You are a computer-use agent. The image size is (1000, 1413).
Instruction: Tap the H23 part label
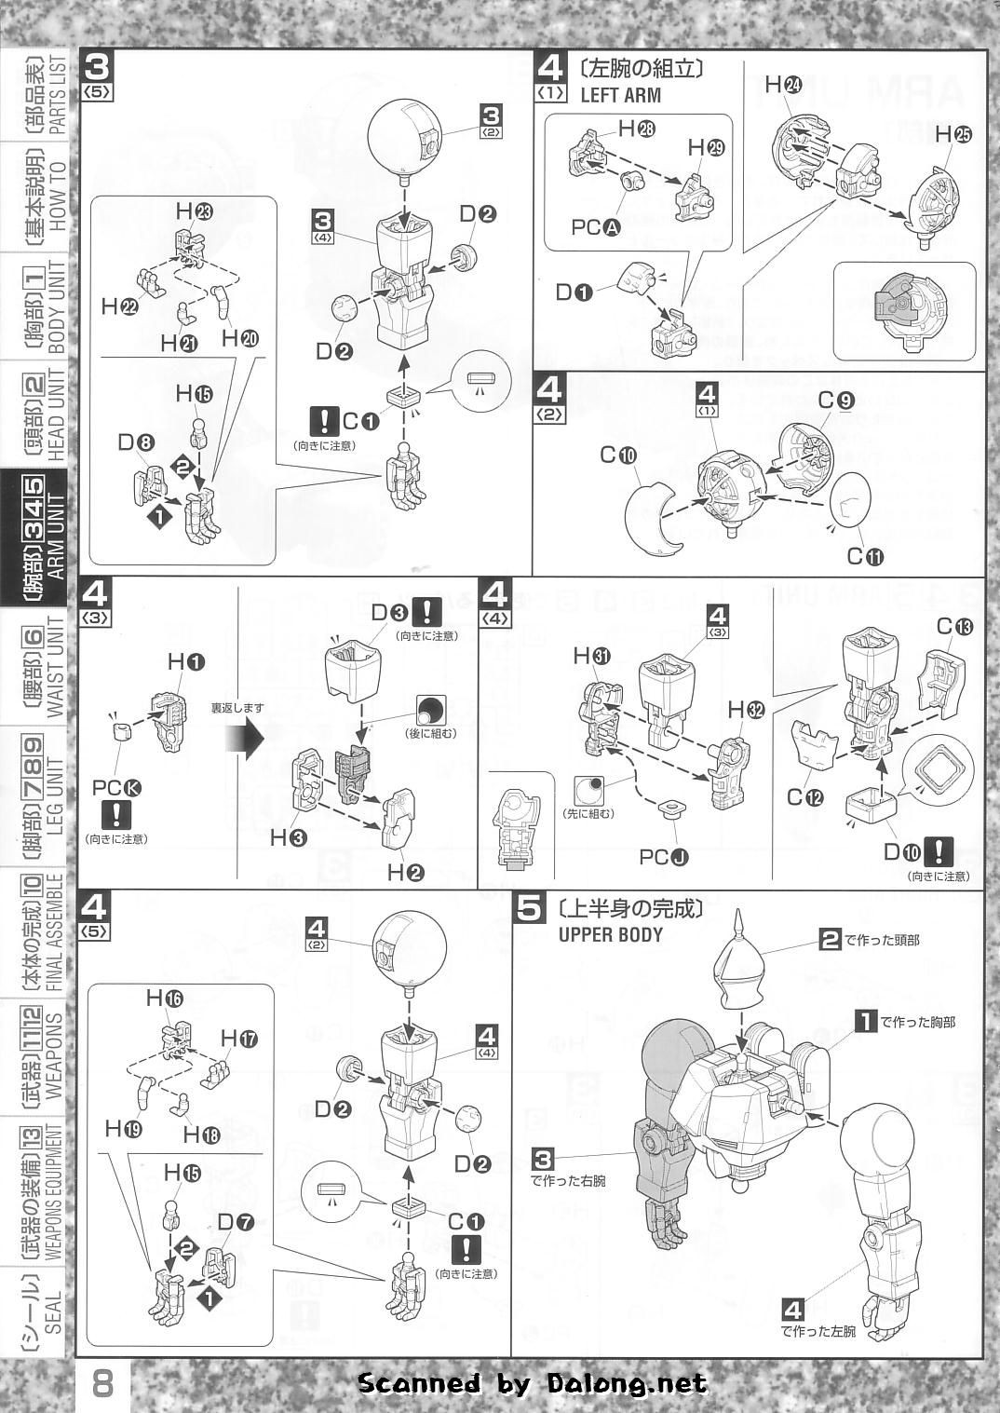point(193,211)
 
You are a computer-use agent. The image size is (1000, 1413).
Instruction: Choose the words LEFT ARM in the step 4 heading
point(620,94)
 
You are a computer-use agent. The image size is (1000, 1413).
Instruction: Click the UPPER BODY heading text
point(611,934)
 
